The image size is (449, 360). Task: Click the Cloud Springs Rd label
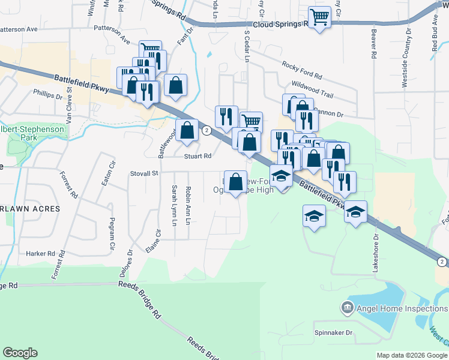tap(280, 25)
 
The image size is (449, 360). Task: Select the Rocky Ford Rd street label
tap(302, 71)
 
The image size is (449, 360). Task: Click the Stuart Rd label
tap(198, 156)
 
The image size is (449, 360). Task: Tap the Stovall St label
tap(143, 173)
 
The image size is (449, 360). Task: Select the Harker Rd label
tap(41, 254)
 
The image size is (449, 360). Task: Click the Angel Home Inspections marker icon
tap(347, 309)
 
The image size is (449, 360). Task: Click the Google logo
tap(20, 353)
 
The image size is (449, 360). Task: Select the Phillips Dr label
tap(48, 95)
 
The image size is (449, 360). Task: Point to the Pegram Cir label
tap(112, 235)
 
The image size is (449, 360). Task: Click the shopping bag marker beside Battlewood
tap(187, 130)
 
